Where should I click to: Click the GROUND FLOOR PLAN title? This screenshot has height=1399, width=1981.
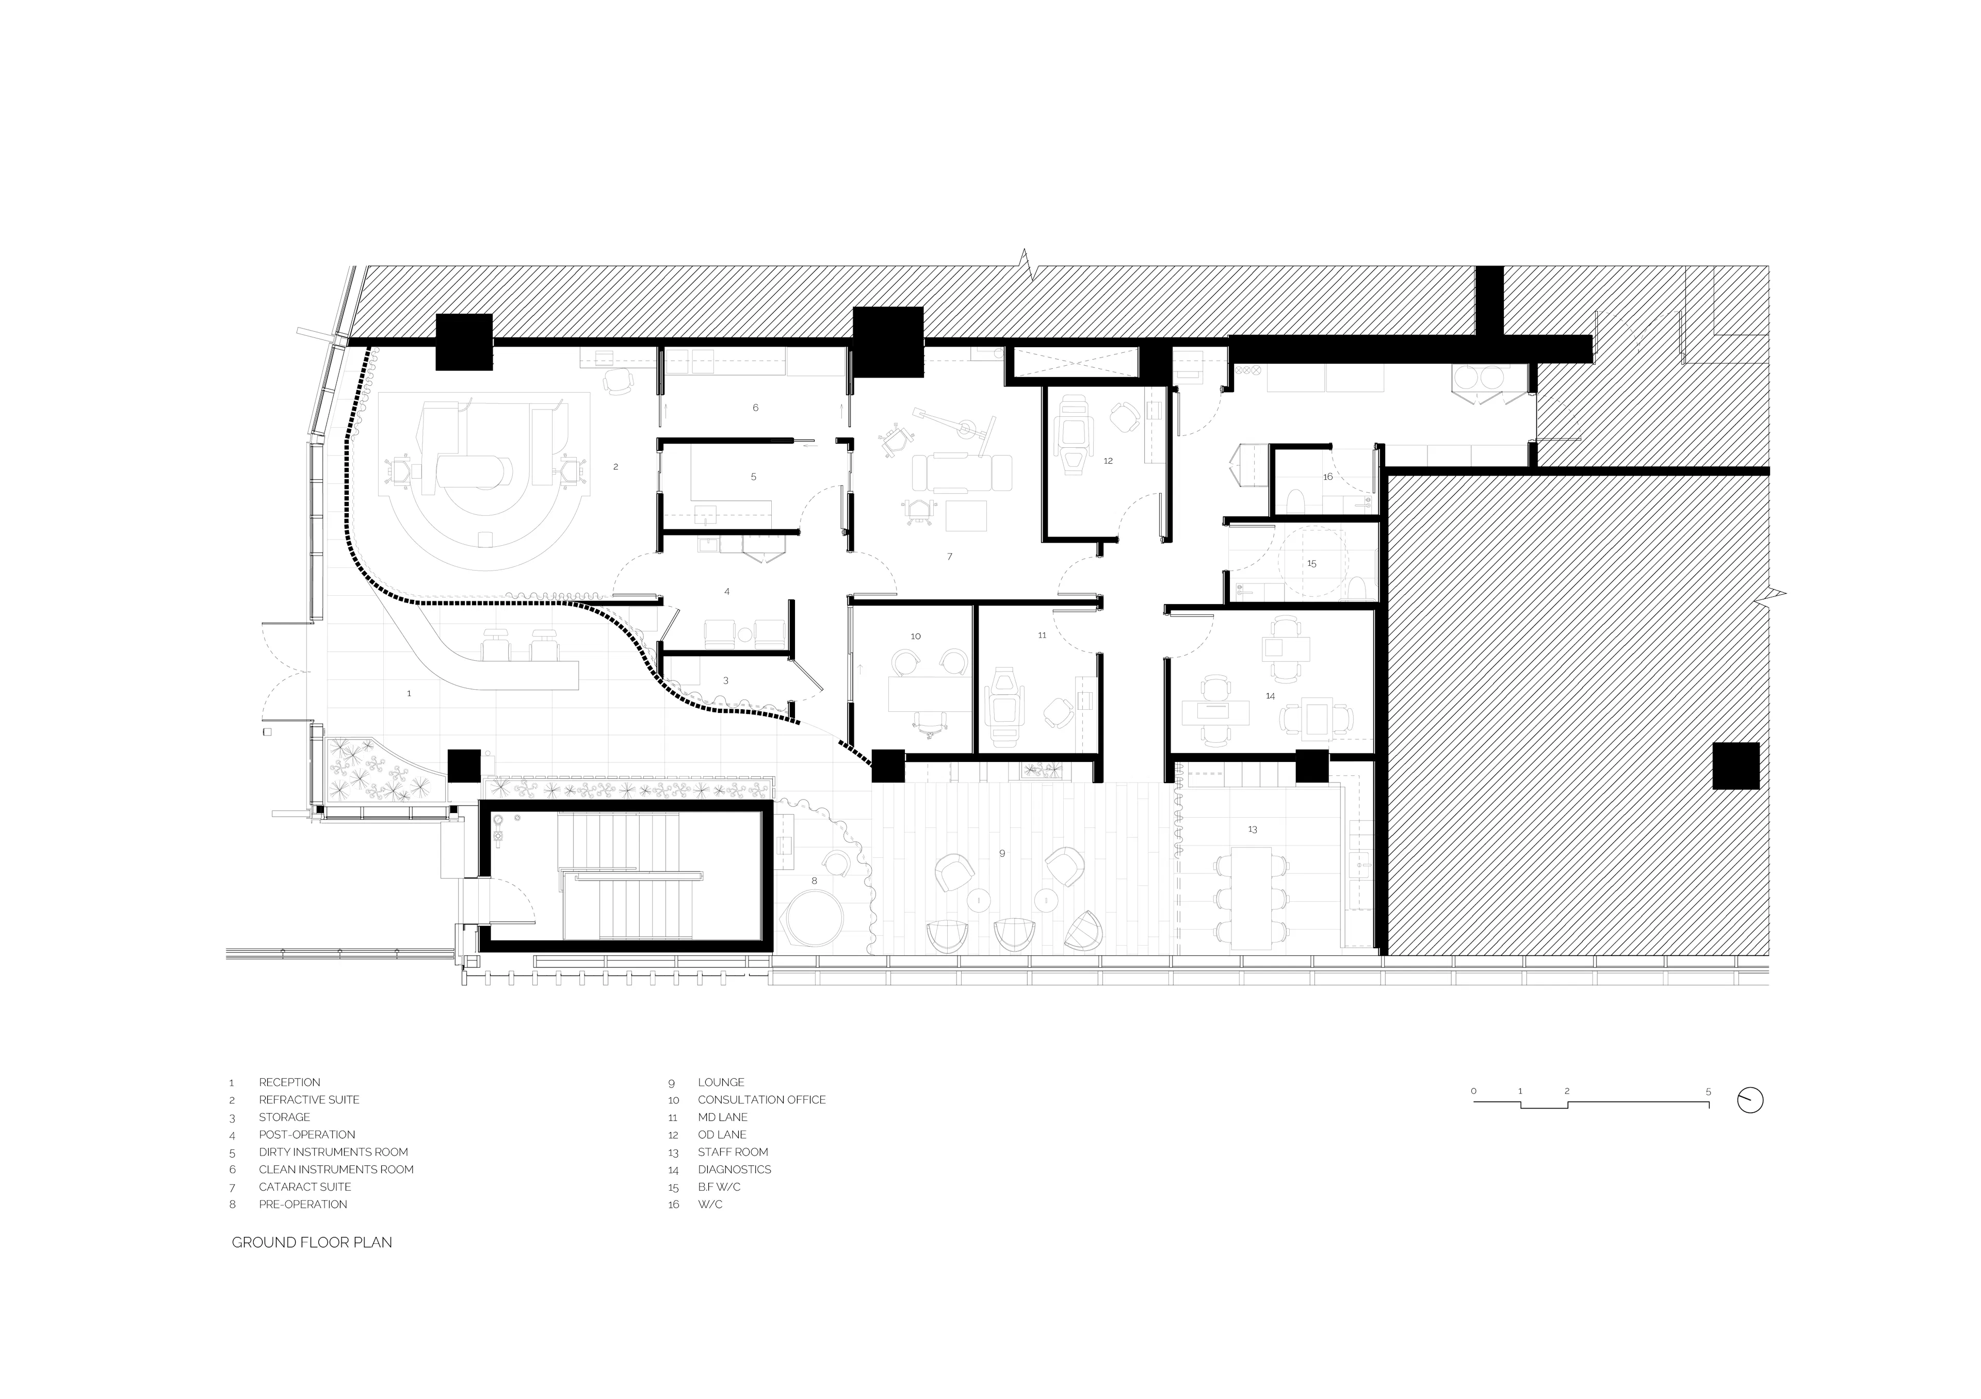[312, 1242]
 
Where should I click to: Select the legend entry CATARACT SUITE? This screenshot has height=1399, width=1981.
[304, 1187]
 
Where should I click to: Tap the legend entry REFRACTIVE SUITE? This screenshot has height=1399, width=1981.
[309, 1100]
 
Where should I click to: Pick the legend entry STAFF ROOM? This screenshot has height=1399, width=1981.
[733, 1152]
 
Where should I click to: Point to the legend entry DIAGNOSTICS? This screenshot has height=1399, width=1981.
[734, 1169]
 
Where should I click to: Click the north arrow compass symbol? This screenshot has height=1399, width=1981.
[1750, 1100]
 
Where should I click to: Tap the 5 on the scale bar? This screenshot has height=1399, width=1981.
[1708, 1091]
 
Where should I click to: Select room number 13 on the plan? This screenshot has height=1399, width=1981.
[1253, 829]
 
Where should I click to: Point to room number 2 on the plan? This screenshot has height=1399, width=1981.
[615, 467]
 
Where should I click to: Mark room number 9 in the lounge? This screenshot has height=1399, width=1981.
[1002, 853]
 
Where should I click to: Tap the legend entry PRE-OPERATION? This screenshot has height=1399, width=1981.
[303, 1204]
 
